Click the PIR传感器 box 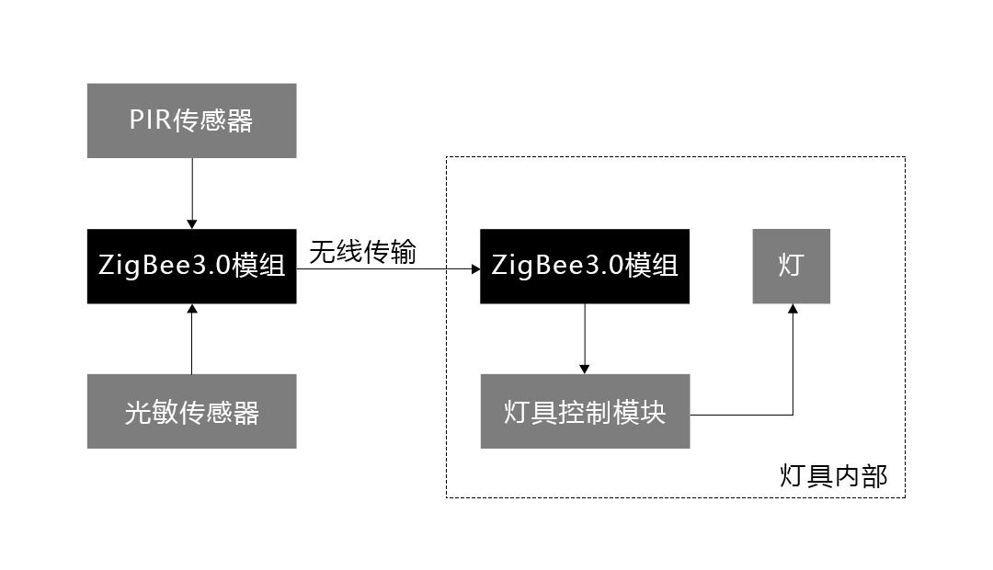tap(191, 120)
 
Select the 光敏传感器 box tap(191, 411)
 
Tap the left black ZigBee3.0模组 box tap(191, 266)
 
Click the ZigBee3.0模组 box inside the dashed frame tap(585, 266)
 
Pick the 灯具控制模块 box tap(585, 411)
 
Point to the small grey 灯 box tap(791, 266)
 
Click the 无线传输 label tap(362, 252)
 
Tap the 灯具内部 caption tap(833, 476)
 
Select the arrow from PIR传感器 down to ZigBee tap(191, 193)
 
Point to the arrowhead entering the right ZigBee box tap(474, 269)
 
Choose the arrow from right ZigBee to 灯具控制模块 tap(585, 338)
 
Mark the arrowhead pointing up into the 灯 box tap(792, 309)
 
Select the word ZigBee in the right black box tap(526, 266)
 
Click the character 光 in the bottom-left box tap(138, 412)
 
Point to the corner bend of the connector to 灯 tap(792, 415)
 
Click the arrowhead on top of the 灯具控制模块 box tap(585, 369)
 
